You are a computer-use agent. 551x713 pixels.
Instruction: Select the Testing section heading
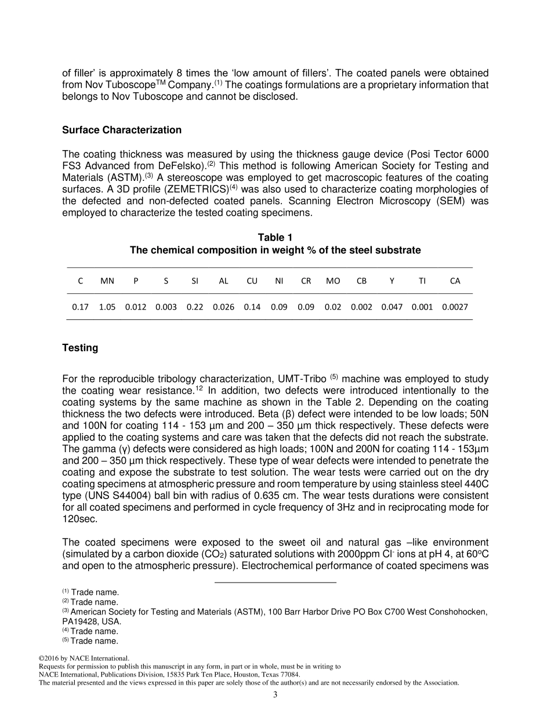pyautogui.click(x=80, y=348)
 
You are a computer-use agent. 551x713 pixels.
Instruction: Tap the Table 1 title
pyautogui.click(x=275, y=238)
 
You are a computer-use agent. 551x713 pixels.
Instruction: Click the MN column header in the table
pyautogui.click(x=107, y=281)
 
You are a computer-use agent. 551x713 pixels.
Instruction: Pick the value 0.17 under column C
pyautogui.click(x=80, y=307)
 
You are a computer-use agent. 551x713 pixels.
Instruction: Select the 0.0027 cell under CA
pyautogui.click(x=455, y=307)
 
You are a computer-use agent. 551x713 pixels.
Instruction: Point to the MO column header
pyautogui.click(x=333, y=281)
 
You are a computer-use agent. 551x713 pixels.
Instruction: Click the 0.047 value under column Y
pyautogui.click(x=391, y=307)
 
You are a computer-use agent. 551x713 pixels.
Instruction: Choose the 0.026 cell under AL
pyautogui.click(x=223, y=307)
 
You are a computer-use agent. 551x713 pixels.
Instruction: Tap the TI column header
pyautogui.click(x=422, y=281)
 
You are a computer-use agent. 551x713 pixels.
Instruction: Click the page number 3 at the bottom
pyautogui.click(x=275, y=695)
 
